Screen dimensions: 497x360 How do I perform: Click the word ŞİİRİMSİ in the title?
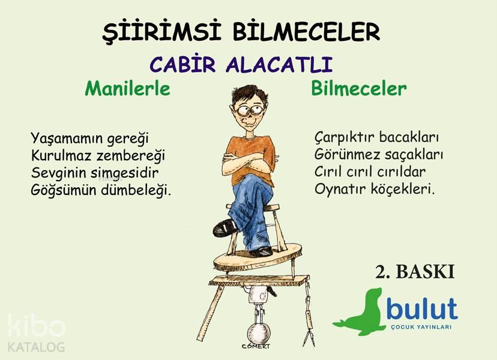[x=161, y=32]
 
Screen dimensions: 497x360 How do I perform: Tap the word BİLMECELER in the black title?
[x=306, y=31]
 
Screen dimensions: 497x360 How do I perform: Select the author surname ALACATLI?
[x=279, y=65]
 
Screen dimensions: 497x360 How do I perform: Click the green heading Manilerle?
[x=127, y=89]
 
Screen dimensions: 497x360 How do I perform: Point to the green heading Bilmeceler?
[x=359, y=88]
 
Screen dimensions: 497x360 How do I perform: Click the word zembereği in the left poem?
[x=131, y=156]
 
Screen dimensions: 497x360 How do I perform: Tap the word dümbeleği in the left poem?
[x=136, y=190]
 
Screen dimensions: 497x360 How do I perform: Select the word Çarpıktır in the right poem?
[x=345, y=138]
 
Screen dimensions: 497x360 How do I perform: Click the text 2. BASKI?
[x=415, y=272]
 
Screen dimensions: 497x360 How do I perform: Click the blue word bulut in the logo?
[x=422, y=308]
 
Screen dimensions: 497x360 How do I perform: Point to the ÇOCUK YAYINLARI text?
[x=421, y=327]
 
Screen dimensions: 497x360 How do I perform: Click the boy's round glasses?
[x=250, y=110]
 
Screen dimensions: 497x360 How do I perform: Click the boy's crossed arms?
[x=247, y=161]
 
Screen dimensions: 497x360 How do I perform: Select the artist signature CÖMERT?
[x=256, y=346]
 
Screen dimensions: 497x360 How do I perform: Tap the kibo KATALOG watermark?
[x=37, y=333]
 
